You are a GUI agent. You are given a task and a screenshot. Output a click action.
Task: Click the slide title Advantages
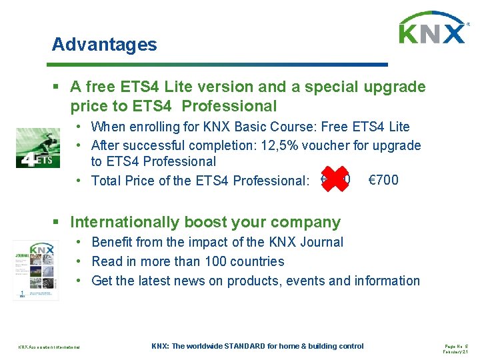105,45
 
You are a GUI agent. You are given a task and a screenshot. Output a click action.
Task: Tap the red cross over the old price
335,179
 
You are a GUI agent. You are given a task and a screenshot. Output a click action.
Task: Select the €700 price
383,179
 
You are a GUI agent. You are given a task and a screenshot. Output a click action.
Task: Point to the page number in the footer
456,345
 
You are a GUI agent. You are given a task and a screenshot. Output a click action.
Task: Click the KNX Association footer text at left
49,347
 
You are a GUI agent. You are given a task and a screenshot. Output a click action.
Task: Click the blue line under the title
220,65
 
